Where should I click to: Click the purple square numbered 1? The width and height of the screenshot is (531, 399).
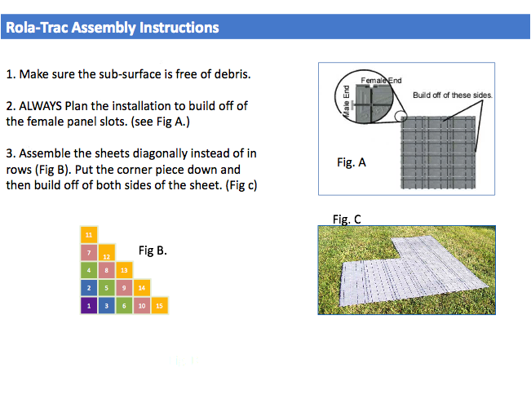click(x=89, y=305)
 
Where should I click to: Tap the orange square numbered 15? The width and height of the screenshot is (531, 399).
click(x=160, y=305)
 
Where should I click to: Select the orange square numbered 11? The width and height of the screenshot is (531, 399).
click(x=89, y=235)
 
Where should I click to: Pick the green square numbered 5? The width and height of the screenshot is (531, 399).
click(x=106, y=288)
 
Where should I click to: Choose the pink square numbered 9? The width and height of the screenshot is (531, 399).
click(x=124, y=288)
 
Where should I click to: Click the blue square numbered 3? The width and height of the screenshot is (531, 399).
click(x=106, y=305)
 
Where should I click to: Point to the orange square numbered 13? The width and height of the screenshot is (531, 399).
click(x=124, y=270)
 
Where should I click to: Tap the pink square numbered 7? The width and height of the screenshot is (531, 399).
click(x=89, y=252)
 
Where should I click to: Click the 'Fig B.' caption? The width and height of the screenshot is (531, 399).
click(x=153, y=250)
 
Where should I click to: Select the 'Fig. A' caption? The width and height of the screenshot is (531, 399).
click(x=352, y=162)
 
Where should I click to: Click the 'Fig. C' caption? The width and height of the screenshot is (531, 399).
click(x=347, y=219)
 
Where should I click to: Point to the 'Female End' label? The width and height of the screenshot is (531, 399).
click(x=381, y=81)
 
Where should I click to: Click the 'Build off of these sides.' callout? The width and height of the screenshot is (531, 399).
click(x=453, y=95)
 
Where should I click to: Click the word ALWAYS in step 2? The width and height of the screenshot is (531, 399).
click(x=40, y=106)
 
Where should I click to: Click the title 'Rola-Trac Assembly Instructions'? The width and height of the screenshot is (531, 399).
click(x=113, y=28)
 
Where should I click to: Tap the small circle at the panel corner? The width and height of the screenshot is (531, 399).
click(x=400, y=116)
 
